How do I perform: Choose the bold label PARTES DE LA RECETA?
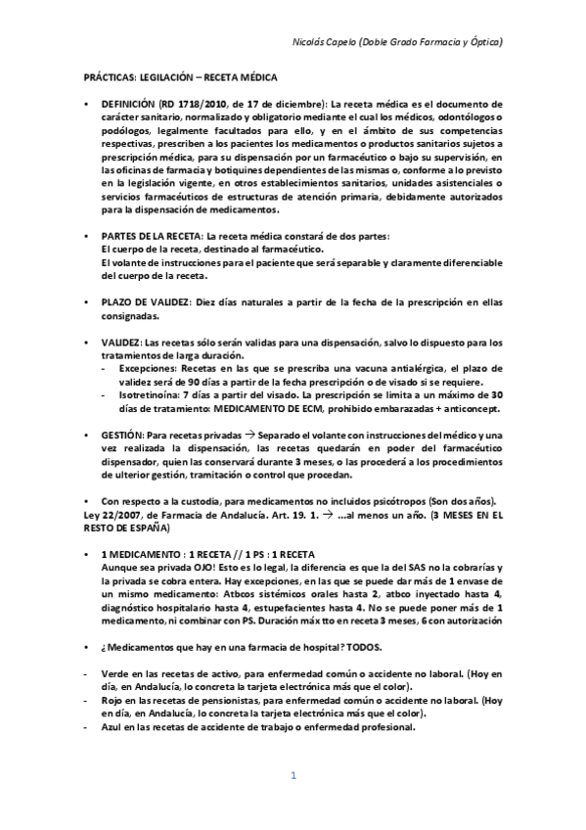tap(144, 237)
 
